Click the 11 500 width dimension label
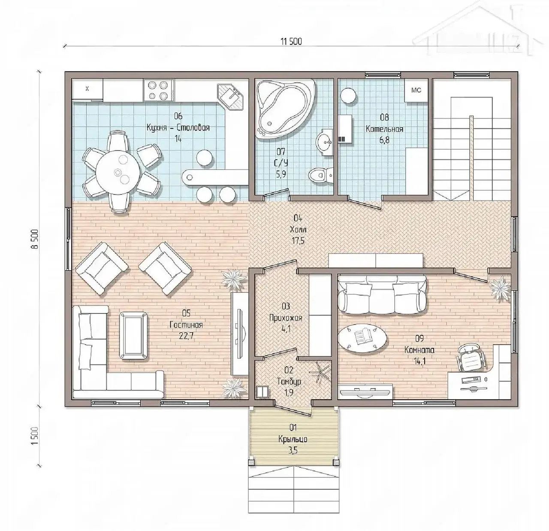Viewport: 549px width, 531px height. point(291,42)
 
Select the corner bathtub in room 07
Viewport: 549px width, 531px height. point(285,109)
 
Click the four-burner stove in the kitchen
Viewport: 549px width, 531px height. point(159,90)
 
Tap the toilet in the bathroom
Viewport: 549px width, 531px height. point(321,175)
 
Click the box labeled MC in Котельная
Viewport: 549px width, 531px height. point(416,90)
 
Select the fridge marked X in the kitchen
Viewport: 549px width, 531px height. point(87,89)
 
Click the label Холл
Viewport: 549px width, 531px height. point(298,229)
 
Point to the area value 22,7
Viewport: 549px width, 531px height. point(186,336)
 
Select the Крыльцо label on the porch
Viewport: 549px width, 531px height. point(293,439)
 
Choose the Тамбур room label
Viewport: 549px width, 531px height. point(289,382)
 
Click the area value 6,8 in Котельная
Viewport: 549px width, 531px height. point(384,140)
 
